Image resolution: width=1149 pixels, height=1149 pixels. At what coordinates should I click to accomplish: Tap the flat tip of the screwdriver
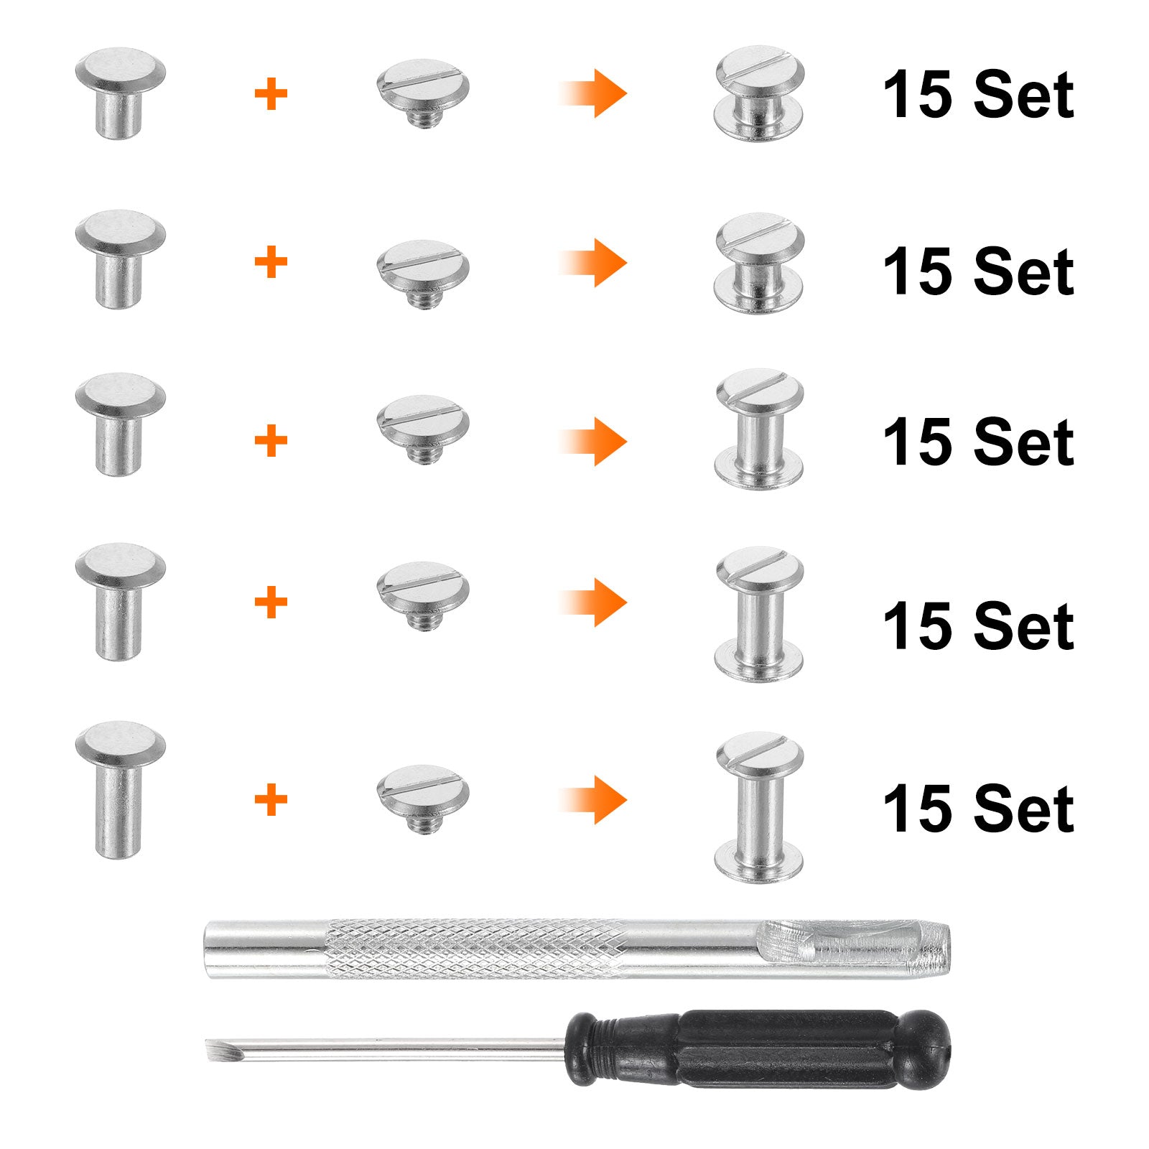tap(213, 1049)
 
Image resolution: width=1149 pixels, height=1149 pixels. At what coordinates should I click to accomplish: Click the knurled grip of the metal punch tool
tap(478, 949)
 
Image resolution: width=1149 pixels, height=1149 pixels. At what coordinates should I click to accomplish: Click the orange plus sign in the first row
tap(271, 94)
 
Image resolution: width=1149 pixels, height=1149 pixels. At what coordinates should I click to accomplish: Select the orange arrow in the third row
tap(593, 441)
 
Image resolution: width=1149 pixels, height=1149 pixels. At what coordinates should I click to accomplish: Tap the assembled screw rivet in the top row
tap(759, 93)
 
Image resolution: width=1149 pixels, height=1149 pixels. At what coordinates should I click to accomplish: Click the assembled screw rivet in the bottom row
tap(759, 807)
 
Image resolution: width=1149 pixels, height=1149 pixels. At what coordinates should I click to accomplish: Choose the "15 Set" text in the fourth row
tap(978, 625)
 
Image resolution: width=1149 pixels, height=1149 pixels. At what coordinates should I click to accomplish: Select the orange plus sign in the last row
tap(271, 800)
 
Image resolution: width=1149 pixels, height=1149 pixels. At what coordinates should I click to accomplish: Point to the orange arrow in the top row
tap(593, 93)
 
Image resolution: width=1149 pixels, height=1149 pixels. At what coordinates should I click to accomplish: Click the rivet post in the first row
tap(120, 93)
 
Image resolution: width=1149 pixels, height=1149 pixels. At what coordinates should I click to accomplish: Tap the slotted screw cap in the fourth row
tap(423, 595)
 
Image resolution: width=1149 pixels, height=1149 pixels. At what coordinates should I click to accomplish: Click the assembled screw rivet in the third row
tap(759, 429)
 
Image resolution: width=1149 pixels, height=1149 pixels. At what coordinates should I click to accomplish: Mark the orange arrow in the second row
tap(593, 263)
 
